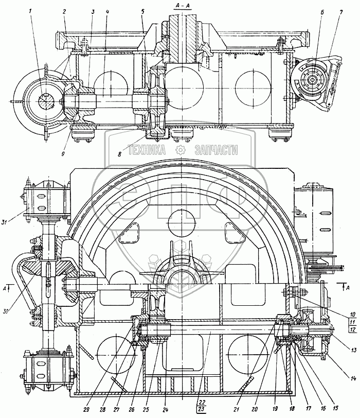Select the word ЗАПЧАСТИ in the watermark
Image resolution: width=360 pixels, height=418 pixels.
pyautogui.click(x=216, y=150)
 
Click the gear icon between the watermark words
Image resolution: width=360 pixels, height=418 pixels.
pyautogui.click(x=180, y=150)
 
